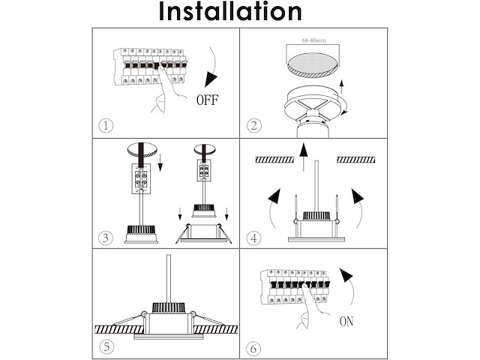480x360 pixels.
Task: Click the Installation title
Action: click(x=230, y=12)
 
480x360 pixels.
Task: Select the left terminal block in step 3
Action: click(x=139, y=178)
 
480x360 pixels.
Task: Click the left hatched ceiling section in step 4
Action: click(x=277, y=159)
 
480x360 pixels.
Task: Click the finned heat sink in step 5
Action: click(x=171, y=307)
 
